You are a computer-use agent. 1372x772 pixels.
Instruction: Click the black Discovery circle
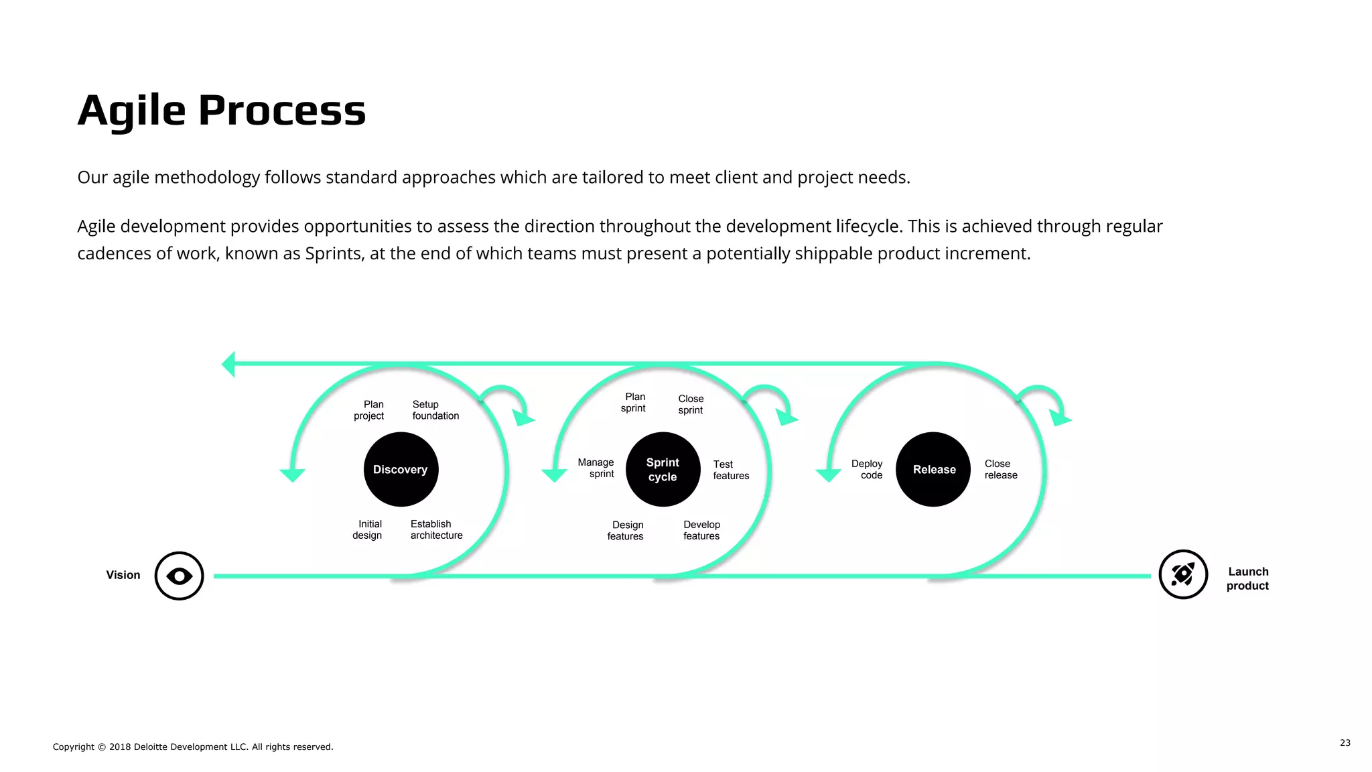point(401,469)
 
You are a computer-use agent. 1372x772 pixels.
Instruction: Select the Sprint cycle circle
point(663,469)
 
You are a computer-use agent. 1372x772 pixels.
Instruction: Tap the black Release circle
point(933,469)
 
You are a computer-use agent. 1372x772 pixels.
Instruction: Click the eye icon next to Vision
point(179,576)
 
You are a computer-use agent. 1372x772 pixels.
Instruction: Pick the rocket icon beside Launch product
point(1183,574)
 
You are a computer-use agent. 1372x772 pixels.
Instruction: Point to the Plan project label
point(369,410)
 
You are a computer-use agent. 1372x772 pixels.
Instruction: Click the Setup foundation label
point(435,410)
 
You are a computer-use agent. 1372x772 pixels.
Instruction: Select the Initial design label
point(368,529)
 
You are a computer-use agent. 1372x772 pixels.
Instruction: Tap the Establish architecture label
point(436,529)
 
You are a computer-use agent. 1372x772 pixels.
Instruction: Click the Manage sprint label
point(596,468)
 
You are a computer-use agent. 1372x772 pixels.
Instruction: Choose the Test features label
point(730,470)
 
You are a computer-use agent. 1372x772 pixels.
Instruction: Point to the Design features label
point(626,530)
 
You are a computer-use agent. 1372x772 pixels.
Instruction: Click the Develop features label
point(701,530)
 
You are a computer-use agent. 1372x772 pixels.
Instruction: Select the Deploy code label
point(868,469)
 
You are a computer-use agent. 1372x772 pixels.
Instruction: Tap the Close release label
point(1001,469)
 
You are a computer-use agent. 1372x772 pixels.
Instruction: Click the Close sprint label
point(691,404)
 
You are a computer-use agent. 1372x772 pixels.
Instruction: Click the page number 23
point(1345,743)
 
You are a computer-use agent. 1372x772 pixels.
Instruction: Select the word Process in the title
point(282,111)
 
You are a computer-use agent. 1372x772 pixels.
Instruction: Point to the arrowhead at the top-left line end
point(228,364)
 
